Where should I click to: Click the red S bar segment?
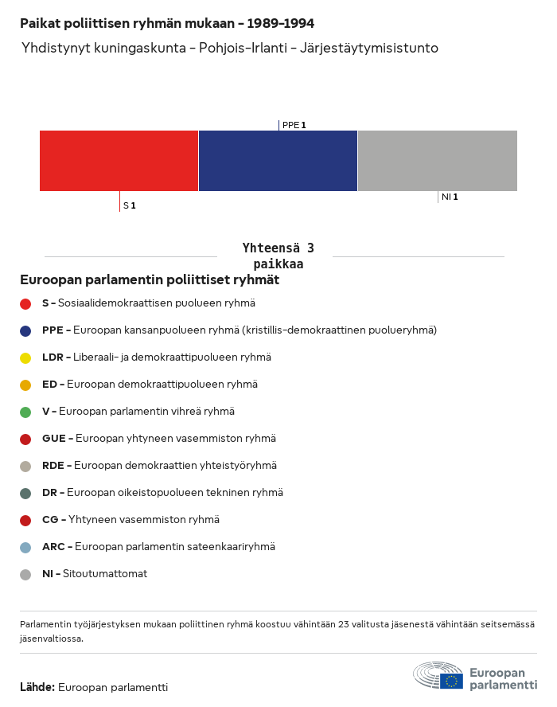[119, 161]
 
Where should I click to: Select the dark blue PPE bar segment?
[278, 161]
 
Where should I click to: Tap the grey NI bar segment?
[437, 161]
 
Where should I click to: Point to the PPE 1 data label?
[294, 125]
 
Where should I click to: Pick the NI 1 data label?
[450, 197]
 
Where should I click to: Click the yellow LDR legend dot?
[25, 357]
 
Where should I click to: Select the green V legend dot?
[25, 412]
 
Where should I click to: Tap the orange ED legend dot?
[25, 385]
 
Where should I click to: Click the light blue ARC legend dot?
[25, 547]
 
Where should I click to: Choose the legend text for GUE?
[159, 439]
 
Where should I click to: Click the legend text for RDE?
[159, 466]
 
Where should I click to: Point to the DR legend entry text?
[162, 493]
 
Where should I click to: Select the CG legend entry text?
[130, 520]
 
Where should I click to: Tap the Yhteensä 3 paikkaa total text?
[278, 256]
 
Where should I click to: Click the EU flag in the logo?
[452, 681]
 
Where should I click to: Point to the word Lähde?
[37, 687]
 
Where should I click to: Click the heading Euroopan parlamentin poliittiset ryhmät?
[150, 280]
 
